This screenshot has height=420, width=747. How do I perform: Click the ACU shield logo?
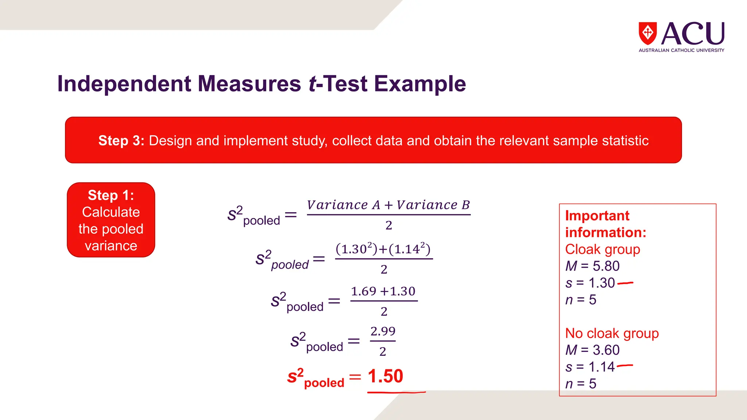point(647,33)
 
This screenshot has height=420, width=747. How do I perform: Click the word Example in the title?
point(420,84)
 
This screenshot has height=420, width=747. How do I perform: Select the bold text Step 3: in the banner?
point(121,141)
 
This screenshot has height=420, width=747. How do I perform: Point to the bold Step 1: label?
point(111,195)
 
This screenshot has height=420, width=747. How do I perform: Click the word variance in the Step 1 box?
point(111,246)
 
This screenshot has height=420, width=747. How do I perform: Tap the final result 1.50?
point(385,376)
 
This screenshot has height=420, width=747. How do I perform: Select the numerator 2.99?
point(383,331)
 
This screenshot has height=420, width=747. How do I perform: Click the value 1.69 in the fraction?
point(363,291)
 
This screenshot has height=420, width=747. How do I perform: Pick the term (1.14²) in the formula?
point(410,249)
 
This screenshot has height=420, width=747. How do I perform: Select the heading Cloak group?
point(603,249)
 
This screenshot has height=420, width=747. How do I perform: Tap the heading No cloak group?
point(612,333)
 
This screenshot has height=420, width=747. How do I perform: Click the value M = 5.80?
point(592,266)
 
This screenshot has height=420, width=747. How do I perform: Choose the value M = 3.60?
point(592,350)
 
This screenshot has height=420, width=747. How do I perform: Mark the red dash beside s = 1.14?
point(625,365)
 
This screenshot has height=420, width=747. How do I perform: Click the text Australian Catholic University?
point(681,50)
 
